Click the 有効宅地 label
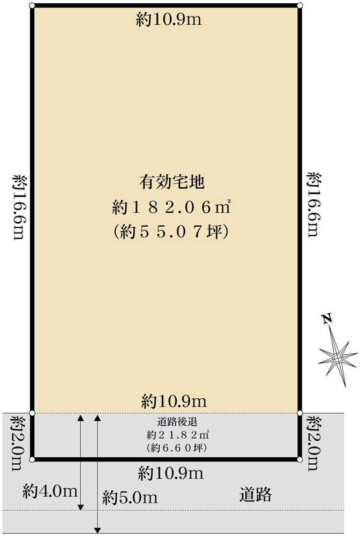point(171,182)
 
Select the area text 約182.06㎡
point(171,207)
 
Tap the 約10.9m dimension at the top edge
point(169,20)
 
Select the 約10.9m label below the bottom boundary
point(171,473)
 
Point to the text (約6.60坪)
point(171,447)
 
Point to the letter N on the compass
point(326,319)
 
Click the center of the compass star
point(337,356)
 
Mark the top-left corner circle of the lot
point(32,6)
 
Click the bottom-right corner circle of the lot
point(299,459)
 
